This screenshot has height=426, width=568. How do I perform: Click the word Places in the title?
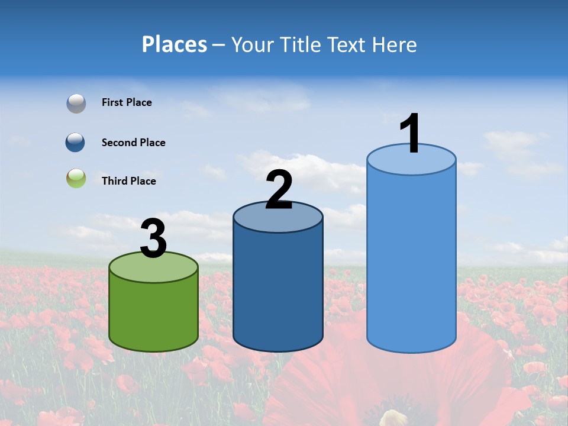(175, 44)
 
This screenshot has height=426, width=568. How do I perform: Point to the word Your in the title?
(253, 44)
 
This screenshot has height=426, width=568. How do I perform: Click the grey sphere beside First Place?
(76, 104)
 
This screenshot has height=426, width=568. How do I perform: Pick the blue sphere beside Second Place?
(76, 143)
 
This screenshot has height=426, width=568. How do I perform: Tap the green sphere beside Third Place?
(76, 179)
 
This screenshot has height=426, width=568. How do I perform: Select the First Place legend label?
(127, 102)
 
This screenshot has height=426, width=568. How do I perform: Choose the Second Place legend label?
(133, 143)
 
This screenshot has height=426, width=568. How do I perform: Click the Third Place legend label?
(128, 181)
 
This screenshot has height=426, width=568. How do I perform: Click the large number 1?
(411, 134)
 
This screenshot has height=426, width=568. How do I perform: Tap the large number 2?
(279, 190)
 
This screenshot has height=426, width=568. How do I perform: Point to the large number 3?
(153, 238)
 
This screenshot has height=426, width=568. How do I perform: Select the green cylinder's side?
(153, 314)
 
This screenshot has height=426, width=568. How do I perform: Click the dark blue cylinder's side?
(277, 290)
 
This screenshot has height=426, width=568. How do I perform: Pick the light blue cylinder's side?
(411, 260)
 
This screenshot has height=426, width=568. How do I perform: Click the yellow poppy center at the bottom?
(393, 418)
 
